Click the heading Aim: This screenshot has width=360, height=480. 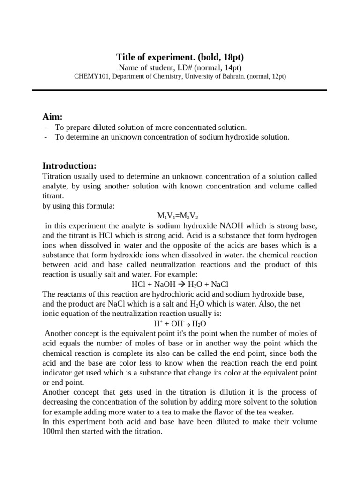tap(52, 116)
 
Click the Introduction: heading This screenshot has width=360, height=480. tap(69, 165)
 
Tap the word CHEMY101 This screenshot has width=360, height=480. tap(91, 76)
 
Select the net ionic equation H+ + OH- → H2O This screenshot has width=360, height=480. tap(180, 323)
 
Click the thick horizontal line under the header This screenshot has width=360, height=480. tap(180, 90)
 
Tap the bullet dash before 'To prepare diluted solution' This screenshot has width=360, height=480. tap(45, 127)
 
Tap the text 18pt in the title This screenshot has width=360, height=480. tap(232, 57)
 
